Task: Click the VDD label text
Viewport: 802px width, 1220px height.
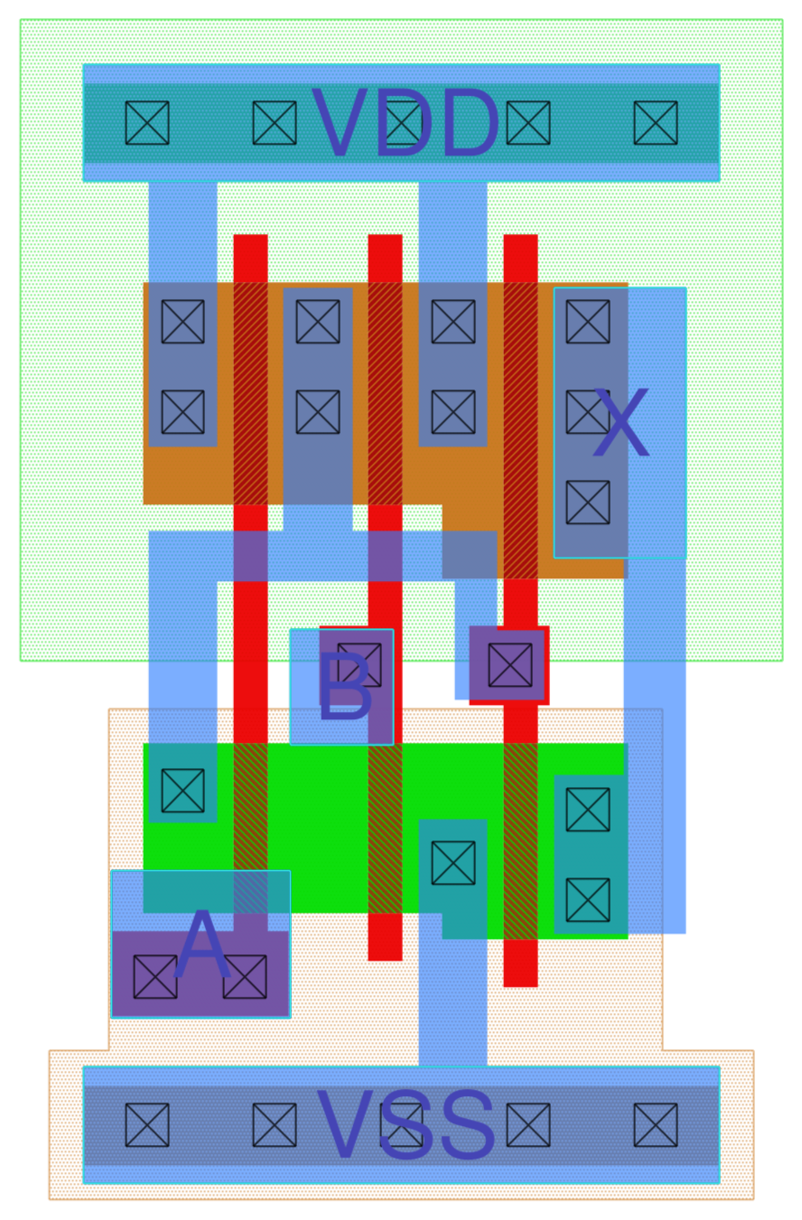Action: click(405, 124)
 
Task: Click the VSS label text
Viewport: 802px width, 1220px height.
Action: click(406, 1125)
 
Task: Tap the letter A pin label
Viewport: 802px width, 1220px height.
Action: click(201, 946)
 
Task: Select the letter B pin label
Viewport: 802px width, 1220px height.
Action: click(344, 688)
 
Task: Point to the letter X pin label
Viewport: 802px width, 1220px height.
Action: click(620, 423)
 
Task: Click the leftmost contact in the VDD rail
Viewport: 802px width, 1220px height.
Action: click(147, 123)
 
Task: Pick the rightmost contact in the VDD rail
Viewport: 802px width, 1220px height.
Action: click(656, 123)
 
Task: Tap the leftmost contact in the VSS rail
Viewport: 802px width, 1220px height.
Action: click(147, 1125)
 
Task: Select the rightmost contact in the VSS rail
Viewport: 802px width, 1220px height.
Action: click(656, 1125)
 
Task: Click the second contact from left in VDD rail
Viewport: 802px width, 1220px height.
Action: click(275, 123)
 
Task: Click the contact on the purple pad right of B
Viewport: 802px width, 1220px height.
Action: click(510, 665)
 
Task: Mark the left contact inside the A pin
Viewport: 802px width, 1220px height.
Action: click(155, 977)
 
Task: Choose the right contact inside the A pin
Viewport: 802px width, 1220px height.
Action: click(245, 977)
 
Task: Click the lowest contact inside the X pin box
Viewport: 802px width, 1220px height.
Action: click(588, 502)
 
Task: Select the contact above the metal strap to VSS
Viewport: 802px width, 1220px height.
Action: click(453, 863)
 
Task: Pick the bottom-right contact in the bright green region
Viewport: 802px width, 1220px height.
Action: click(588, 900)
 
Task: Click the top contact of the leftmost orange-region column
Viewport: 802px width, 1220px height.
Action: click(183, 322)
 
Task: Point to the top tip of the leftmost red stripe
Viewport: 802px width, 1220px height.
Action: click(251, 239)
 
